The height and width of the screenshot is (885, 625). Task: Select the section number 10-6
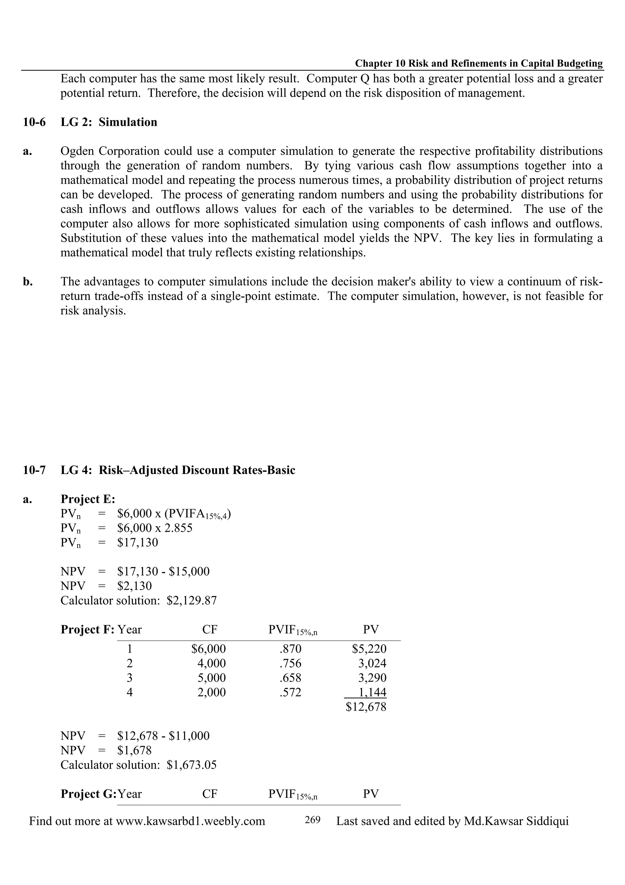click(x=34, y=122)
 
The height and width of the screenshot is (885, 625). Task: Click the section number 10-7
click(x=34, y=470)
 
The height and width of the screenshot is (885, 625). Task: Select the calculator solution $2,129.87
click(x=192, y=600)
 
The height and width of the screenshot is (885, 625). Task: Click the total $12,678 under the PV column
click(x=366, y=707)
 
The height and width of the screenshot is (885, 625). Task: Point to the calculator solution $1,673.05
click(x=192, y=765)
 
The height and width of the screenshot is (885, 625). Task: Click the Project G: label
click(x=88, y=794)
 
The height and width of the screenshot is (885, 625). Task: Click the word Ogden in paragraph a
click(x=77, y=151)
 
